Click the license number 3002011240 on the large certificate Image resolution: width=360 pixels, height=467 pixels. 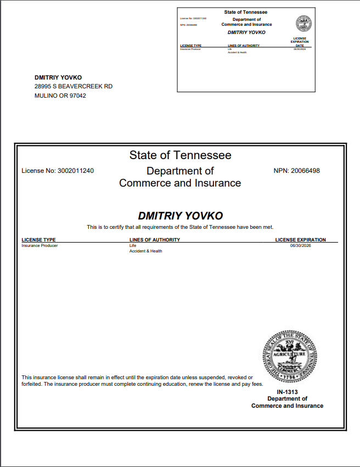75,171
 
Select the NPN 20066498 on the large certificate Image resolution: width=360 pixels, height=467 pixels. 306,171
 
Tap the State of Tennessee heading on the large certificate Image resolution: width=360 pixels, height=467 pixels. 180,155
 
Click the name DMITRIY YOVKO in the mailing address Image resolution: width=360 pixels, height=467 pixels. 58,77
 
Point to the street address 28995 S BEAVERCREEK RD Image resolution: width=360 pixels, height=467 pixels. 74,87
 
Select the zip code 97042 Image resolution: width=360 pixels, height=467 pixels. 77,95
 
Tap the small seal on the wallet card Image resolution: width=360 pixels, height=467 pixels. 303,23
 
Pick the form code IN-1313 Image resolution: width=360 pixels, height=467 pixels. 287,392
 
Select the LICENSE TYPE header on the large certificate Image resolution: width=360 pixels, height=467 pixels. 38,240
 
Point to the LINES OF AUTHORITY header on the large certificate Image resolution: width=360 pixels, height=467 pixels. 155,240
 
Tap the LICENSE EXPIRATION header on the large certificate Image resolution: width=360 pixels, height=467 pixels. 300,240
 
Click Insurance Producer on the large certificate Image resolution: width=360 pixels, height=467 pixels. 40,245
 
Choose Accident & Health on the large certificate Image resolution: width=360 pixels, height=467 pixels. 146,251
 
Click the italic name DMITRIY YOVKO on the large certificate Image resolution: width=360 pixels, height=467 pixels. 180,216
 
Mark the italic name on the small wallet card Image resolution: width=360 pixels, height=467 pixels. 246,32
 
